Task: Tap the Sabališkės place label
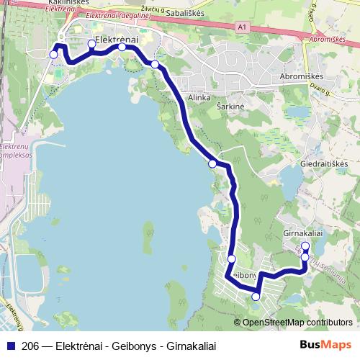tap(185, 13)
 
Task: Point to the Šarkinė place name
tap(230, 106)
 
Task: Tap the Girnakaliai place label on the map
tap(305, 234)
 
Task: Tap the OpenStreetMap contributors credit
tap(297, 322)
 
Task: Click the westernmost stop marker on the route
tap(54, 54)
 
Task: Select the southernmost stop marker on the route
tap(256, 296)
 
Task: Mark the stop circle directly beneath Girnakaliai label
tap(305, 246)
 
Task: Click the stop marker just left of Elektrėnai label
tap(91, 44)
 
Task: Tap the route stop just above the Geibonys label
tap(231, 259)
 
